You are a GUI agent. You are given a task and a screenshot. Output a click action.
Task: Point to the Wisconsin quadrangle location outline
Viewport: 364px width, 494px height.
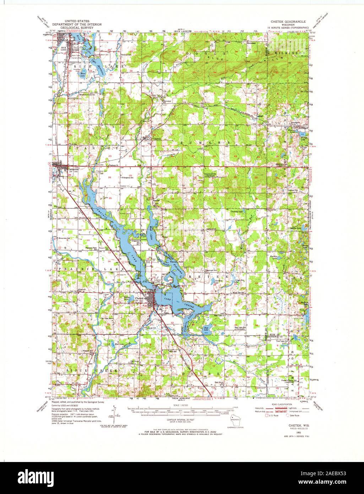click(233, 421)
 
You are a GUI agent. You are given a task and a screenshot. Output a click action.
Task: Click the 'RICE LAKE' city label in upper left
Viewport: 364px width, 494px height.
click(64, 47)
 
